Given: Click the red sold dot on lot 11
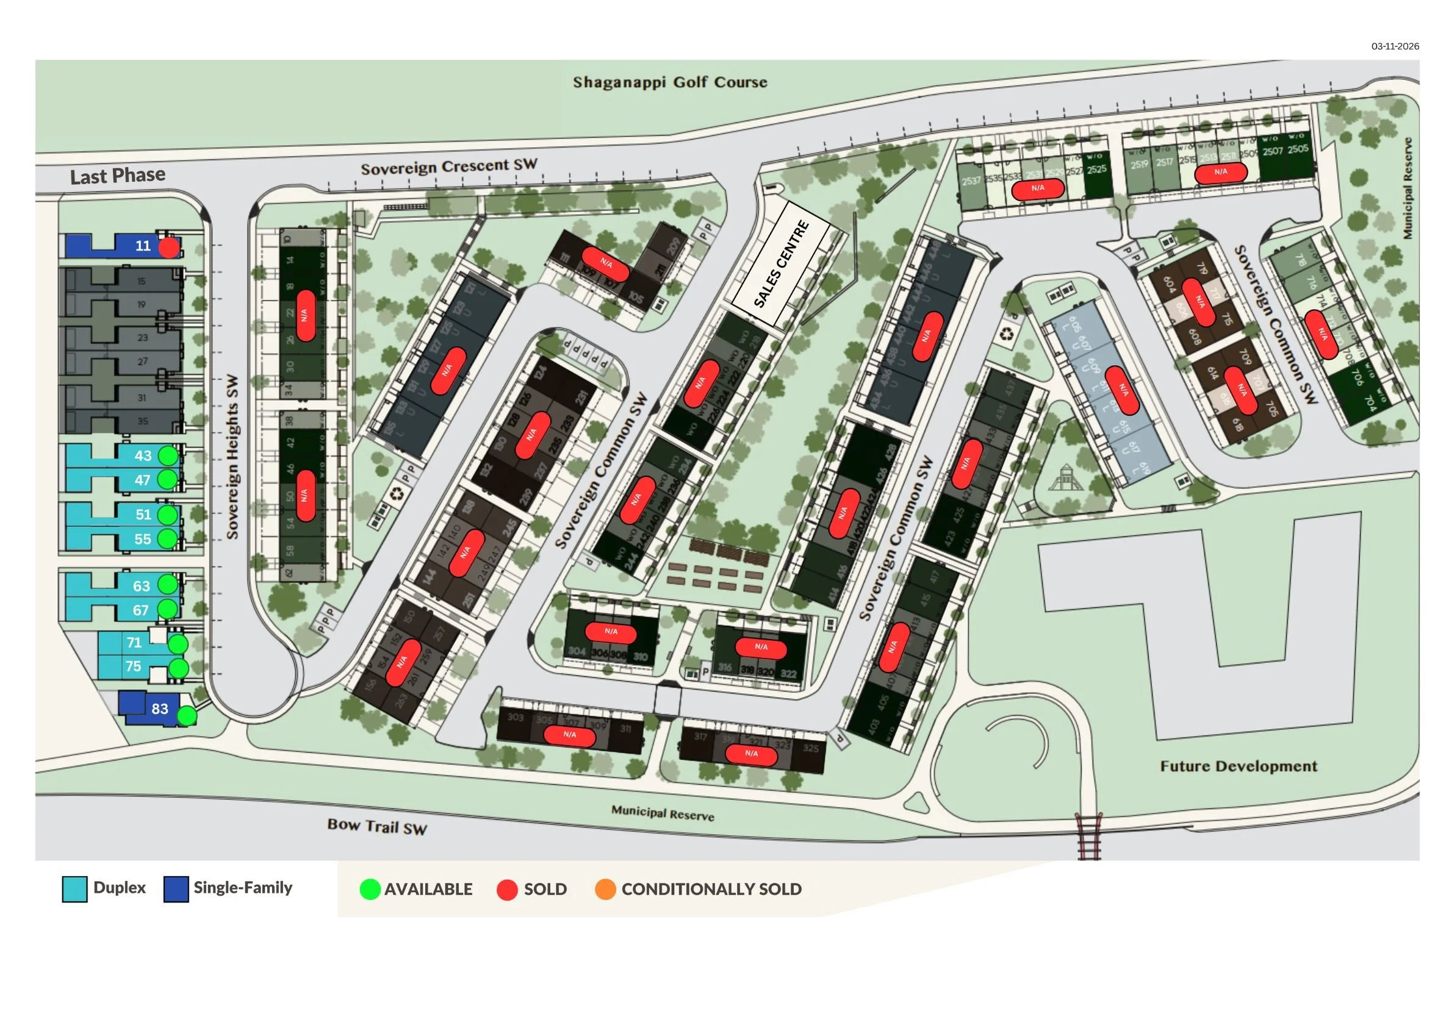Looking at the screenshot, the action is (x=168, y=248).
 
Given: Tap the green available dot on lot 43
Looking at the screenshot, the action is (x=168, y=455).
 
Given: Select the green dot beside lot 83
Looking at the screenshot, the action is (x=187, y=716).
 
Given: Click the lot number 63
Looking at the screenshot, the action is (x=142, y=586).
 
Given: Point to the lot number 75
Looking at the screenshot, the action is (x=133, y=666).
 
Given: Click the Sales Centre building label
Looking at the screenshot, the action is (x=782, y=263).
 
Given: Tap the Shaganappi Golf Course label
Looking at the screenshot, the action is (x=670, y=82).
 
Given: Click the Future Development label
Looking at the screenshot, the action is (x=1239, y=766).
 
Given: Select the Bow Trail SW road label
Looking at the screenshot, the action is (x=377, y=826).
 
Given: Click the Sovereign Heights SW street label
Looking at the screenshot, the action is (x=232, y=457).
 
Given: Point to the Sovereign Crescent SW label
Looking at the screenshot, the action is (x=448, y=166).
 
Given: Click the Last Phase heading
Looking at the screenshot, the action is (x=118, y=176).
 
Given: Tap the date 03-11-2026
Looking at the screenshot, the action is (x=1395, y=46).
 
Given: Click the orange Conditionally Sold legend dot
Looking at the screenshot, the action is (x=605, y=889).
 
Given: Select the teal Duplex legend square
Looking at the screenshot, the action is (x=74, y=889).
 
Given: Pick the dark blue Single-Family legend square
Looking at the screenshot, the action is (x=176, y=889).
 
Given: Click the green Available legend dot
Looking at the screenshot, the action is (x=370, y=889).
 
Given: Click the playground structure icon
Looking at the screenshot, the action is (x=1065, y=477).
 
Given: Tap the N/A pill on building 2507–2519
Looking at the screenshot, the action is (x=1221, y=172).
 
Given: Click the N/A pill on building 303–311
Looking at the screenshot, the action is (x=569, y=735).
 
